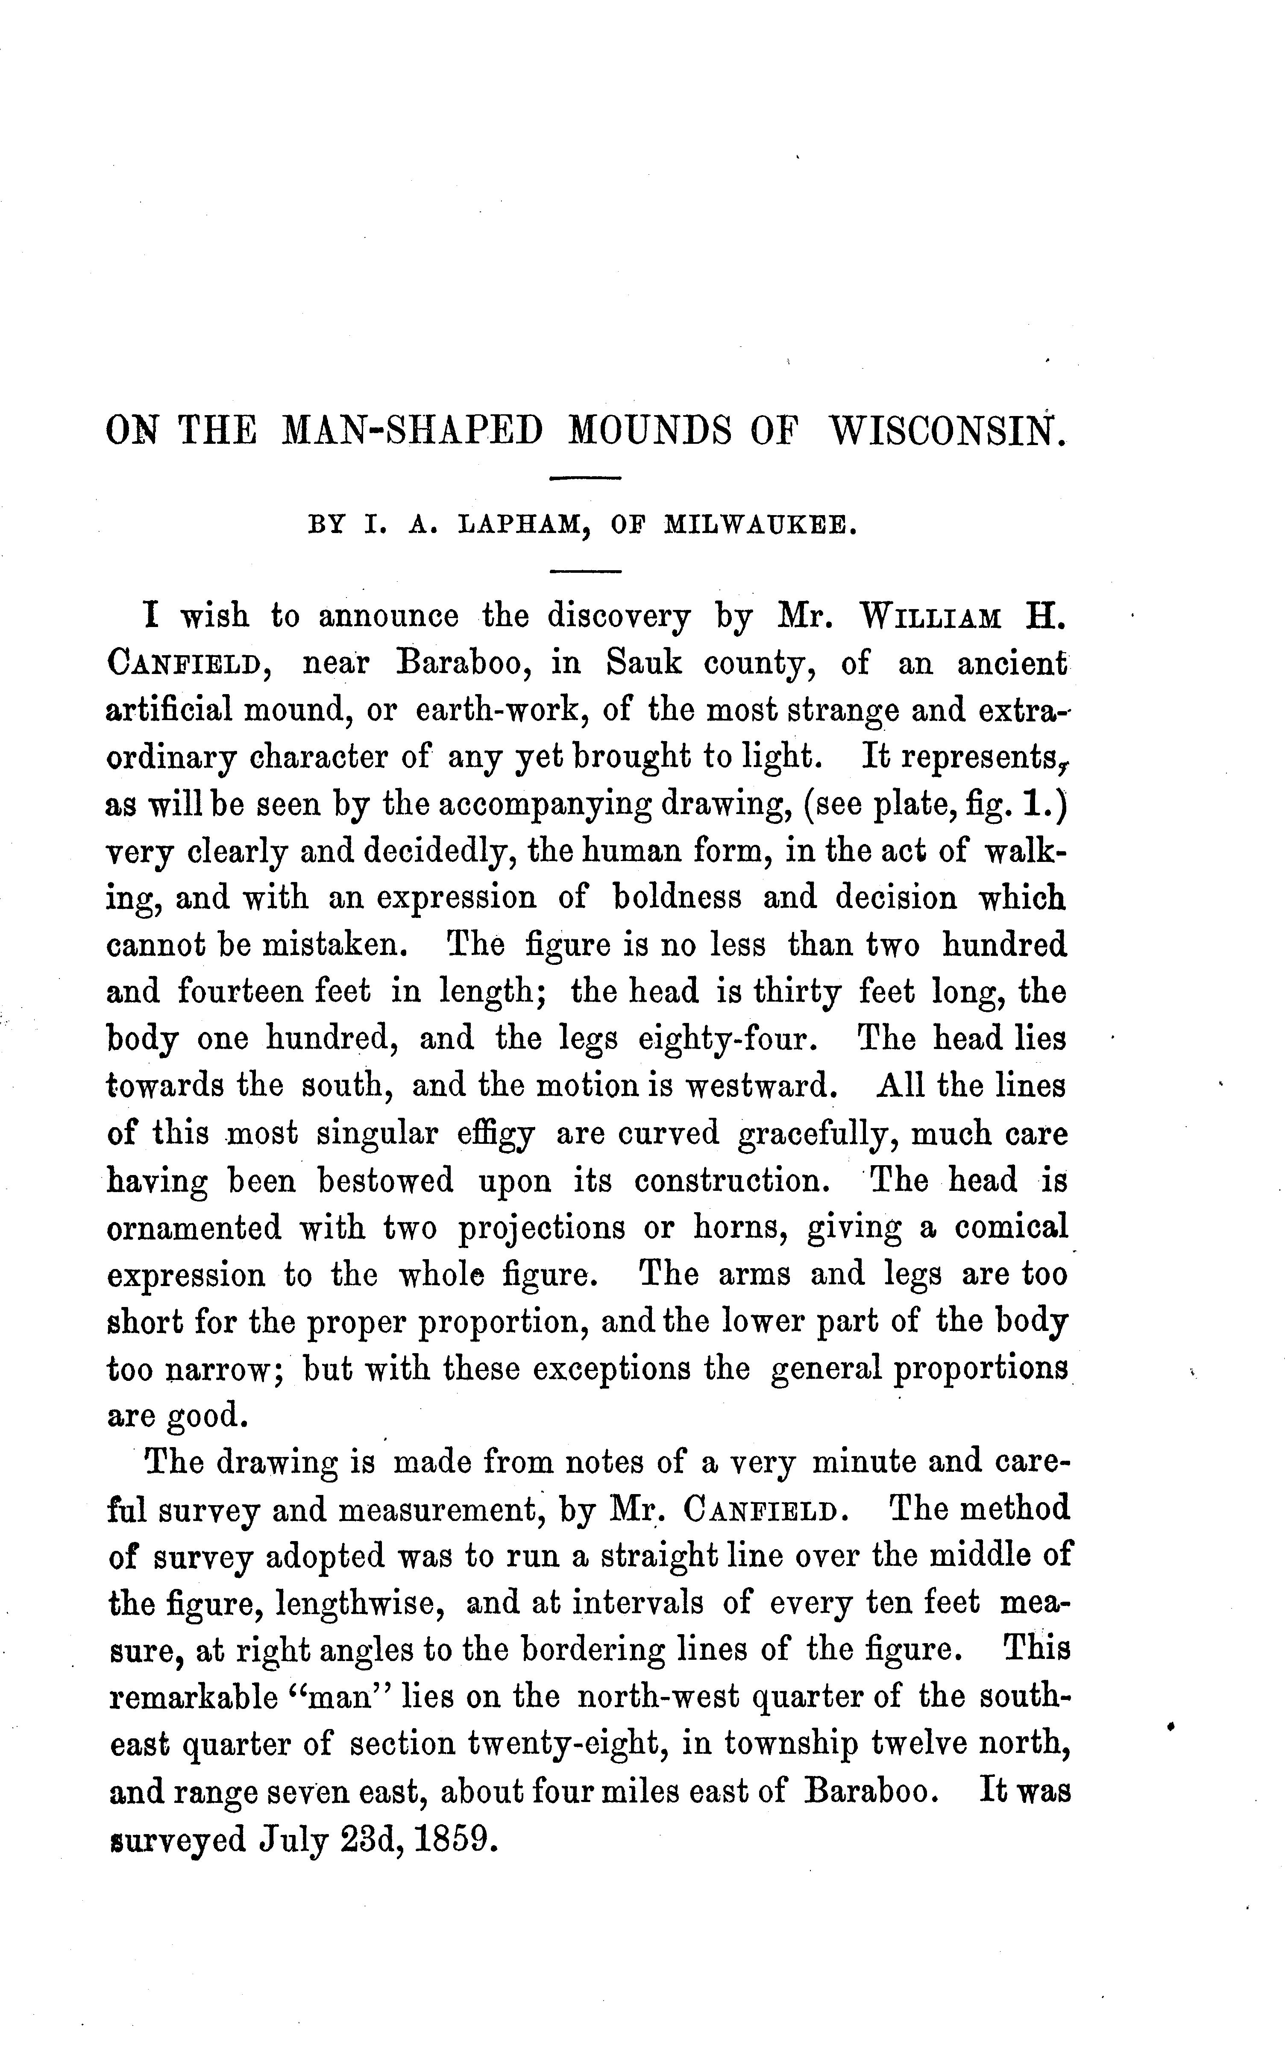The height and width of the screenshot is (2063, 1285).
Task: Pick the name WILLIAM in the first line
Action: tap(930, 616)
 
